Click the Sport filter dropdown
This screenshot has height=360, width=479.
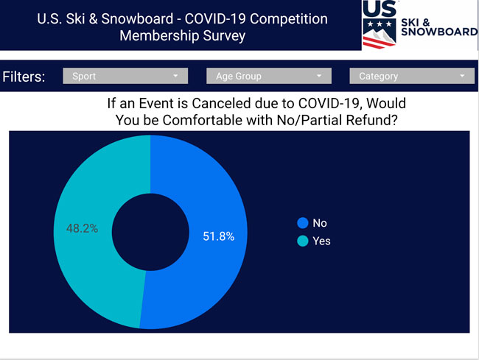click(125, 76)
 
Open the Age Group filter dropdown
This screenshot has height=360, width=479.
click(269, 76)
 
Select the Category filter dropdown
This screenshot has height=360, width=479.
click(412, 76)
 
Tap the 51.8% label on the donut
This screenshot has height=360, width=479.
click(219, 236)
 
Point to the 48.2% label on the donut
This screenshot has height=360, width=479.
click(83, 228)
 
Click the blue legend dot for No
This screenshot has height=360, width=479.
click(303, 223)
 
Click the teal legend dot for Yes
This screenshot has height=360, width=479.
click(303, 241)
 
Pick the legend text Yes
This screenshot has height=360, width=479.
click(321, 241)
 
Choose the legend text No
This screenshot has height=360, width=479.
click(320, 223)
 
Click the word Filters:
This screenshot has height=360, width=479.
click(24, 77)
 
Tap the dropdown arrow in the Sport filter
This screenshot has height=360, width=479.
click(175, 76)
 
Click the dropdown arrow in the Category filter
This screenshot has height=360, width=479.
click(462, 76)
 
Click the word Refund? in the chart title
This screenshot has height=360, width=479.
click(371, 120)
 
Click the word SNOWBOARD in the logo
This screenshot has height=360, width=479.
click(439, 32)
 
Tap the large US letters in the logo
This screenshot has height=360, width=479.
click(380, 8)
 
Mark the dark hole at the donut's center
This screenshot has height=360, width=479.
click(150, 232)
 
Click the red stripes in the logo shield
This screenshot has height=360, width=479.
click(377, 43)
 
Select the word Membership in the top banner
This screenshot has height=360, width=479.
click(159, 35)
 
